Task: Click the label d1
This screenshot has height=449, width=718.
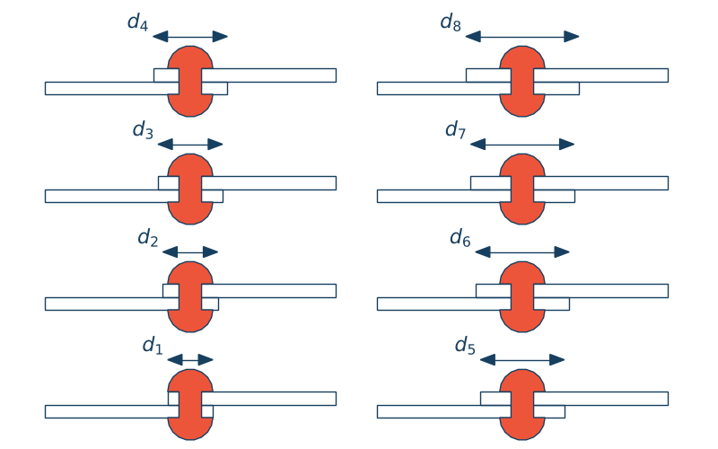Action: coord(153,346)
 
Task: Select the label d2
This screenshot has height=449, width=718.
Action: coord(148,238)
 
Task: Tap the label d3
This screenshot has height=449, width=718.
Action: coord(143,130)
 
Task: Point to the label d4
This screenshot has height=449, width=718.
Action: coord(137,22)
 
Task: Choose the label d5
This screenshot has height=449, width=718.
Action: coord(465,346)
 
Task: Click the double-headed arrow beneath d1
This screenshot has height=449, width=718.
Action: coord(190,359)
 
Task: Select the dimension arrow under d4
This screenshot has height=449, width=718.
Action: coord(190,36)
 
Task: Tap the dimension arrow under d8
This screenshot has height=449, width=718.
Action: coord(522,36)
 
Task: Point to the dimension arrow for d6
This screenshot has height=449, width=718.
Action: coord(522,251)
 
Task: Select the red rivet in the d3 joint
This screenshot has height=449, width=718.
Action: coord(190,189)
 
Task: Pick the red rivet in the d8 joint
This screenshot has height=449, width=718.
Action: coord(522,81)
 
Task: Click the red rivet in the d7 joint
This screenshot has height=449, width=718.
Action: coord(522,189)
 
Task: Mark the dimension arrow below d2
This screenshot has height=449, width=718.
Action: coord(190,251)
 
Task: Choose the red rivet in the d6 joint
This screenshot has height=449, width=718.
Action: coord(522,296)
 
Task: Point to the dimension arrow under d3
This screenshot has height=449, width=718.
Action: coord(190,144)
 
